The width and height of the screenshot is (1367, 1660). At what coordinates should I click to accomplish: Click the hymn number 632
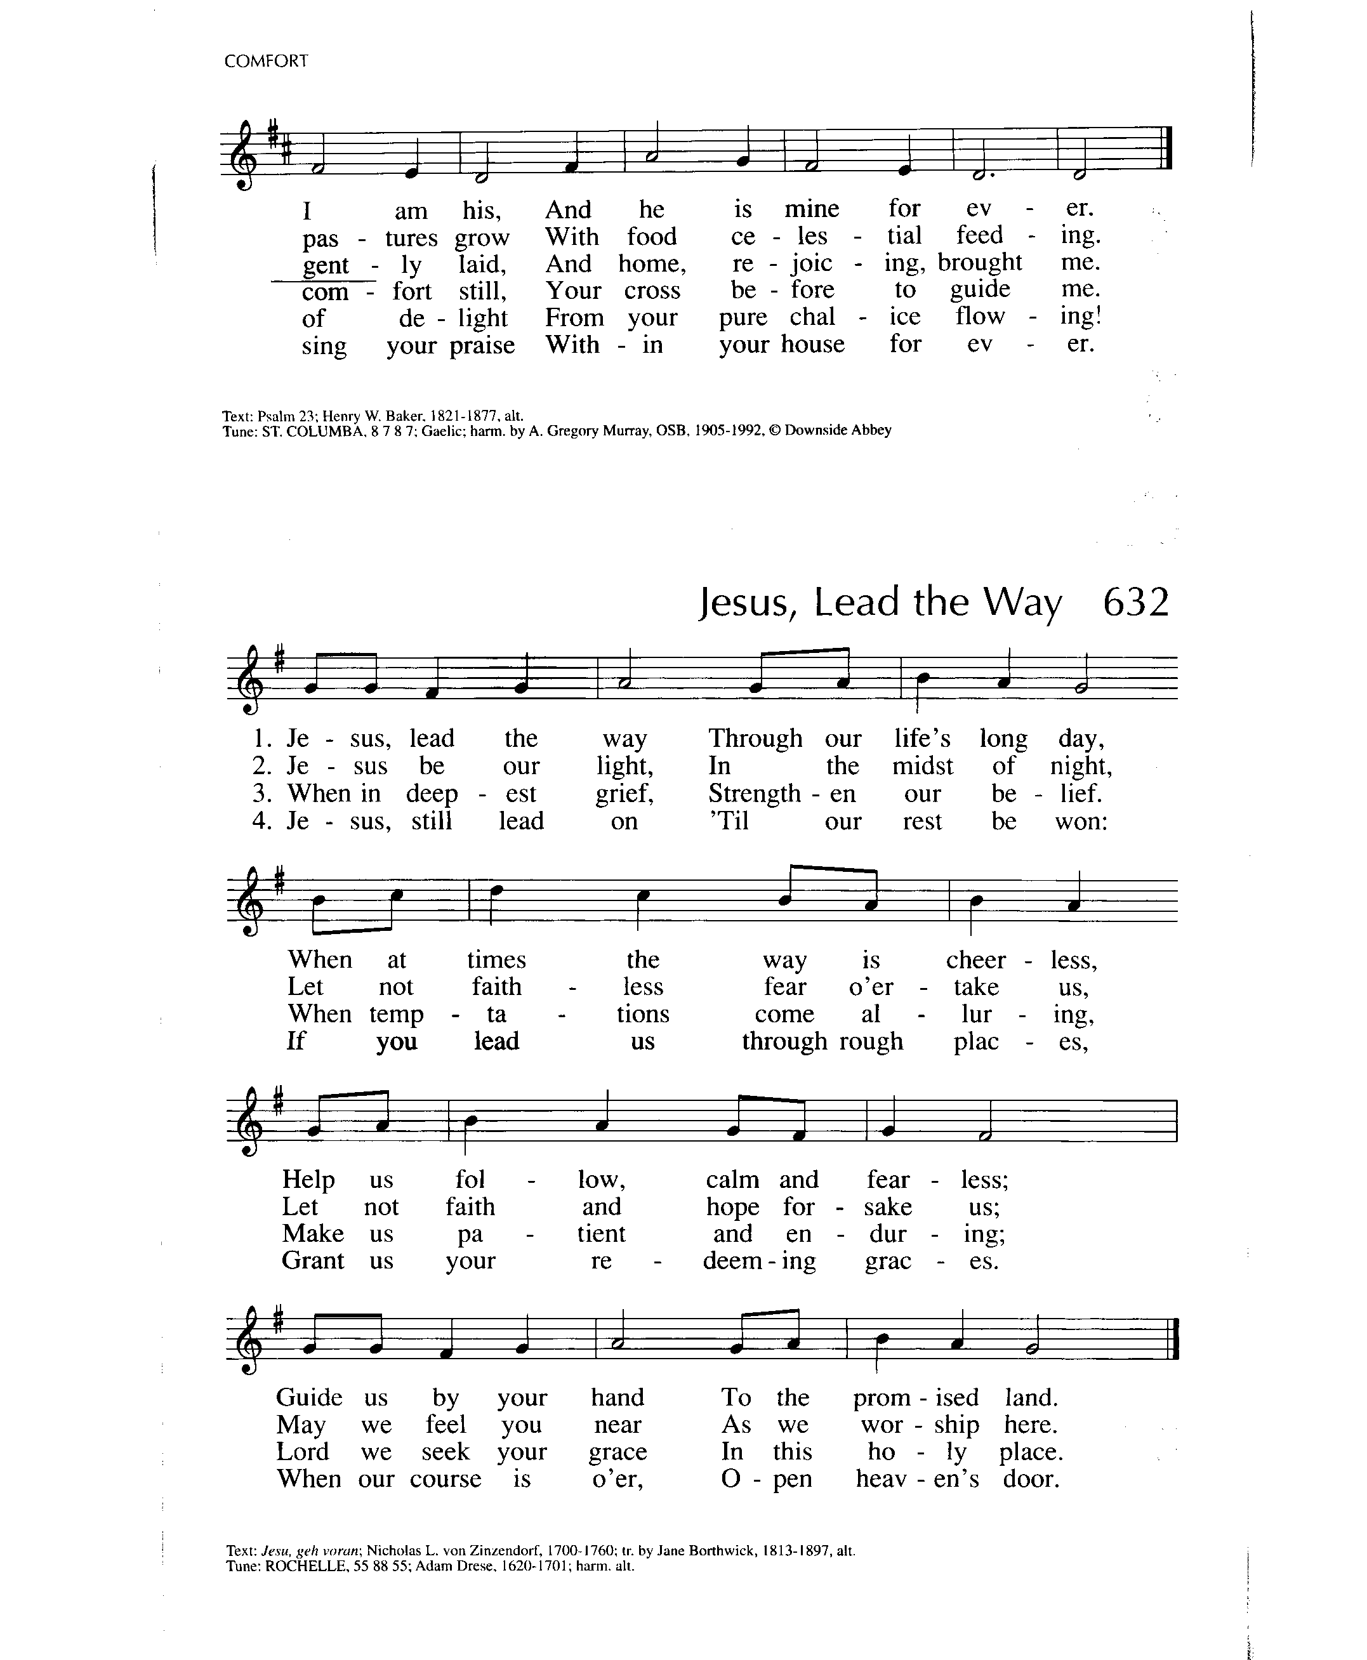[1135, 603]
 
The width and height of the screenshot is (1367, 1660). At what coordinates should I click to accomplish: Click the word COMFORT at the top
[265, 62]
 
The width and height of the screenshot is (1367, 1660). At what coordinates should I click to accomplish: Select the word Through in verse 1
[755, 739]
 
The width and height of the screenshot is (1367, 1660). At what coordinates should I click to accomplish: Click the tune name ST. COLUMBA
[307, 431]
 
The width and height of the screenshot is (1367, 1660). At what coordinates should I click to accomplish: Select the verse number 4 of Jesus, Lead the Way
[260, 820]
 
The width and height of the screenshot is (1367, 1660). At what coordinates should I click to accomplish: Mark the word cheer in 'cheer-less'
[975, 960]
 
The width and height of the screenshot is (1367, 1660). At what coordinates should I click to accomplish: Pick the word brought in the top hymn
[979, 262]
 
